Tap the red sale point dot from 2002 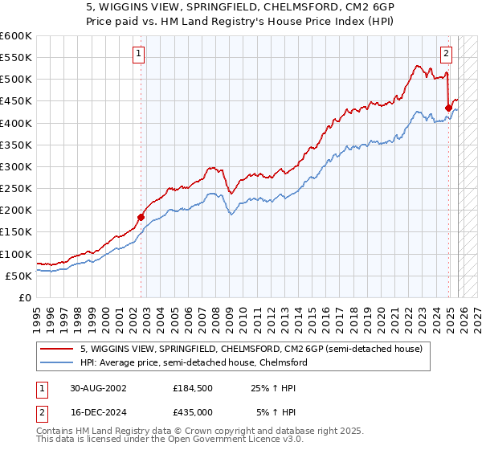[141, 216]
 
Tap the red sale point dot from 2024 [448, 107]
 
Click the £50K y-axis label [19, 276]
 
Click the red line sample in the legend [58, 349]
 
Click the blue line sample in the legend [58, 362]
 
